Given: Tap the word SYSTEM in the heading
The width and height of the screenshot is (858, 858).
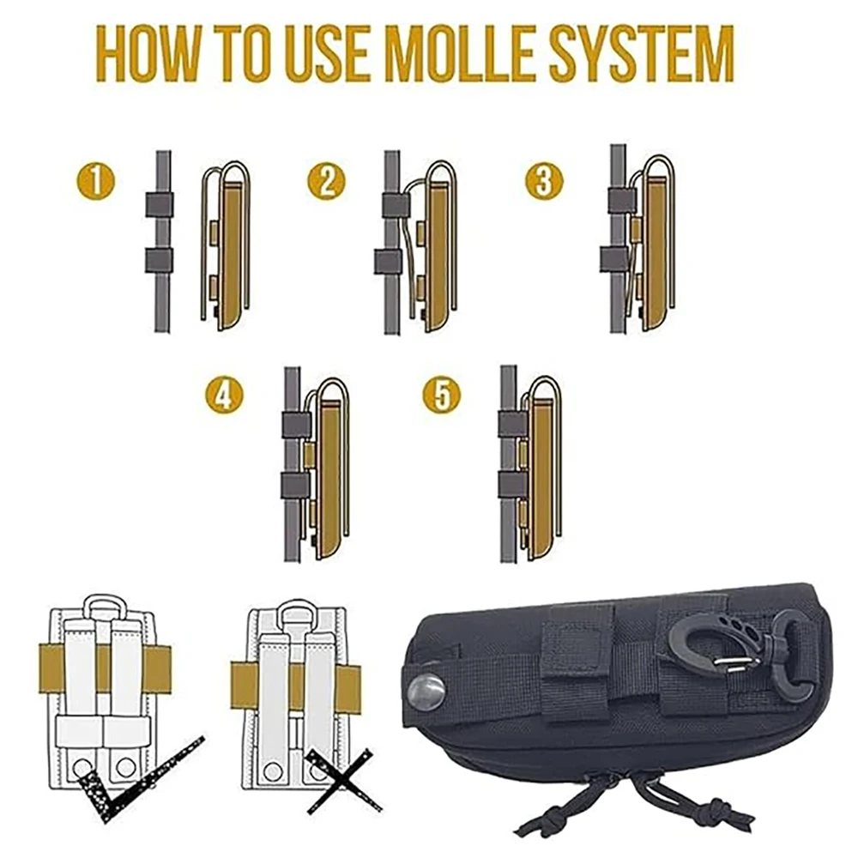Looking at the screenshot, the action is pyautogui.click(x=641, y=53).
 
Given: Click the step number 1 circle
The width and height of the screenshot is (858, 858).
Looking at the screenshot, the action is pyautogui.click(x=96, y=181).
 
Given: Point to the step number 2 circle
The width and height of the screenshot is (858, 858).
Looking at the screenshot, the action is pyautogui.click(x=326, y=181).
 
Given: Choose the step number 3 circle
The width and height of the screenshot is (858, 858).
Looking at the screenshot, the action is pyautogui.click(x=543, y=181).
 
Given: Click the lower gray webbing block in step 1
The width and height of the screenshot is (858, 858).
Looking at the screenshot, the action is pyautogui.click(x=159, y=260).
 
